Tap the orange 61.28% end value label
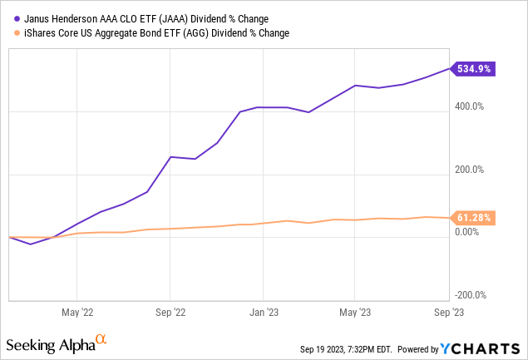(474, 218)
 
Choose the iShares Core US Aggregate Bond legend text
(146, 33)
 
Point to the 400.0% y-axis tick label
(469, 106)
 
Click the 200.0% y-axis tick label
(469, 170)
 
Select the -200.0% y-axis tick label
(467, 295)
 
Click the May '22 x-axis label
(76, 313)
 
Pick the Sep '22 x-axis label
(170, 313)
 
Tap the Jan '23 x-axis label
(263, 313)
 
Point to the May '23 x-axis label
(355, 313)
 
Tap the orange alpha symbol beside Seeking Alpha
(101, 340)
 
